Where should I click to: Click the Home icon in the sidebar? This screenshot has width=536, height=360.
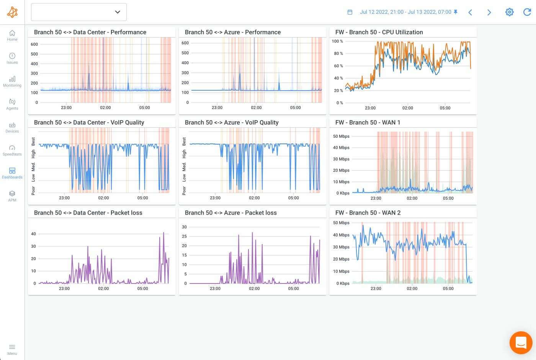12,33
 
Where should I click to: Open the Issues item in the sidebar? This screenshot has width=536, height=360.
12,56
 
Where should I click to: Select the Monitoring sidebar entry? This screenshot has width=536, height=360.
12,79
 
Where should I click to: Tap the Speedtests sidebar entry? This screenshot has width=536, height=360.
12,148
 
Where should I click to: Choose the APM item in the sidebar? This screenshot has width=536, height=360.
12,194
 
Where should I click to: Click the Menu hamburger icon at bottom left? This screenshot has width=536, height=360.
12,347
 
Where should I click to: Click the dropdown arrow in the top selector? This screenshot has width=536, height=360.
118,12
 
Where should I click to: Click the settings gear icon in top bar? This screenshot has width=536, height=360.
509,12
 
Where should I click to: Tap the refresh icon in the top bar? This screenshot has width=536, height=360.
527,12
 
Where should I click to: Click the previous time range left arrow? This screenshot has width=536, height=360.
470,12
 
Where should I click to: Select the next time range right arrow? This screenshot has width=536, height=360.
489,12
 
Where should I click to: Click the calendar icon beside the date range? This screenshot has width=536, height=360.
350,12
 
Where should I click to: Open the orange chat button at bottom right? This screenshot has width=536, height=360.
521,342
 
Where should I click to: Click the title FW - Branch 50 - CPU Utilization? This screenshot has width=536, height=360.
379,32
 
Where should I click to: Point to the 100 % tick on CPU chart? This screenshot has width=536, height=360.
337,41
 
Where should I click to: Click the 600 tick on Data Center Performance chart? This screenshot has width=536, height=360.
34,44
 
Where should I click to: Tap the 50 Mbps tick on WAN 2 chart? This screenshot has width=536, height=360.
341,223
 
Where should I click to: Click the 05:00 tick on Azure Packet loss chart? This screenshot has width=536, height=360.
293,288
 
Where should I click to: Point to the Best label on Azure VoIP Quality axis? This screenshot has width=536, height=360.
184,142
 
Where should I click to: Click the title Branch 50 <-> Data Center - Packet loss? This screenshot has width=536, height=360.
88,213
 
